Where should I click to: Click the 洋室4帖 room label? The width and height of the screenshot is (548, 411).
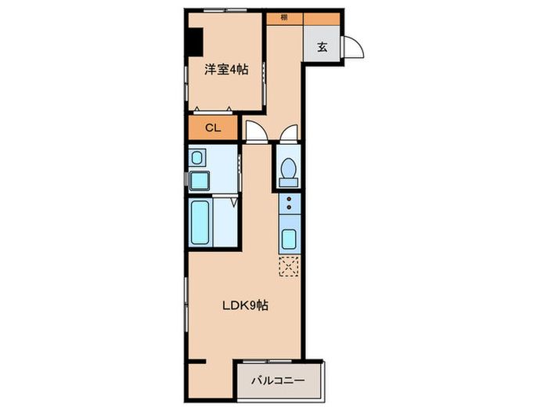tap(226, 70)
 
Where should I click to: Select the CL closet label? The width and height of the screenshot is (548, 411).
tap(212, 128)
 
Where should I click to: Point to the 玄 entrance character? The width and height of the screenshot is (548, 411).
tap(322, 46)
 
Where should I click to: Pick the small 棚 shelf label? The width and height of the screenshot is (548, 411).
tap(283, 17)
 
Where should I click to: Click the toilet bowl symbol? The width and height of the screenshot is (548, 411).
tap(287, 168)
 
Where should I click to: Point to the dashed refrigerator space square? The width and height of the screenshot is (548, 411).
tap(288, 266)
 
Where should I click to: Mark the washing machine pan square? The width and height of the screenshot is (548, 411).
tap(200, 182)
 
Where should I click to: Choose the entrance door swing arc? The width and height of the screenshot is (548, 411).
tap(354, 47)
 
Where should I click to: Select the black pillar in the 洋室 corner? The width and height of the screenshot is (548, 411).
tap(192, 41)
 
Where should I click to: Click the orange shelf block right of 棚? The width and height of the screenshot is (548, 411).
tap(321, 17)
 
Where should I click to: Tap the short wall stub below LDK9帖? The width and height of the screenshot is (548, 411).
tap(197, 361)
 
